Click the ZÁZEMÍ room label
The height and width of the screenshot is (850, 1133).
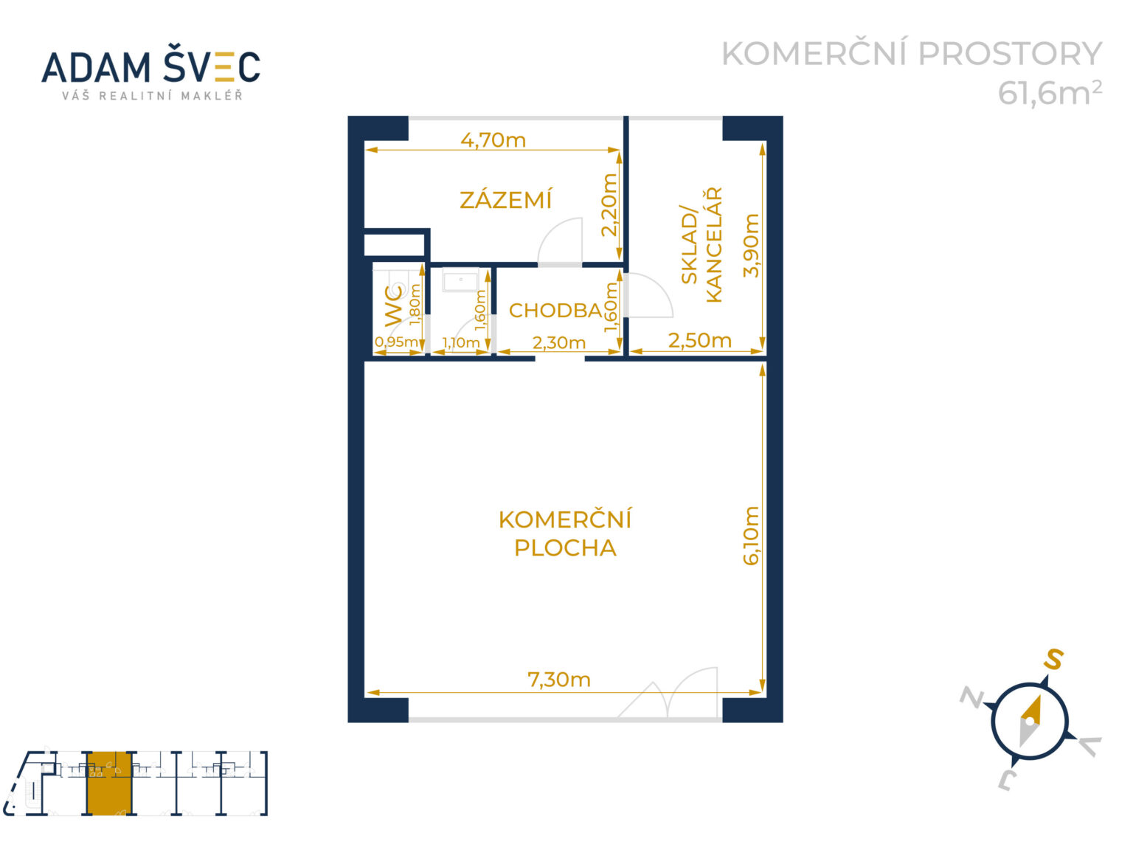[505, 200]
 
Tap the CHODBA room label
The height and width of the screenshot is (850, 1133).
[555, 311]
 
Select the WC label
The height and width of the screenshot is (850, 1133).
[395, 305]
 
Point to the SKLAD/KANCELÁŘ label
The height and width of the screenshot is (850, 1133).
[701, 245]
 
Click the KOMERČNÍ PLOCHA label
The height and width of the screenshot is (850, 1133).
[565, 533]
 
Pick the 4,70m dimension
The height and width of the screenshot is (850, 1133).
[493, 139]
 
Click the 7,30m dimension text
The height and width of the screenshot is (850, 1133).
[559, 679]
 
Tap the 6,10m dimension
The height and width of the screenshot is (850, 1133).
[751, 535]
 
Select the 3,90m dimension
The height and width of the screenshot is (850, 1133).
[751, 245]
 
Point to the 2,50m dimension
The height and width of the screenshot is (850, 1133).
[699, 340]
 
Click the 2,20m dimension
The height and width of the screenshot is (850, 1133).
[609, 204]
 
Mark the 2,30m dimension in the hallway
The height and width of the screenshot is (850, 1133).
[559, 342]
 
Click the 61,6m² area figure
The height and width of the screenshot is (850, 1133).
[1050, 93]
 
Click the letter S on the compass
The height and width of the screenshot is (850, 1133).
[1053, 659]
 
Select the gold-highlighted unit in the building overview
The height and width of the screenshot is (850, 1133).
[108, 784]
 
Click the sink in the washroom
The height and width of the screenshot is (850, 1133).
[460, 281]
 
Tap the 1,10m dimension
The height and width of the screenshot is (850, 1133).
[460, 342]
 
